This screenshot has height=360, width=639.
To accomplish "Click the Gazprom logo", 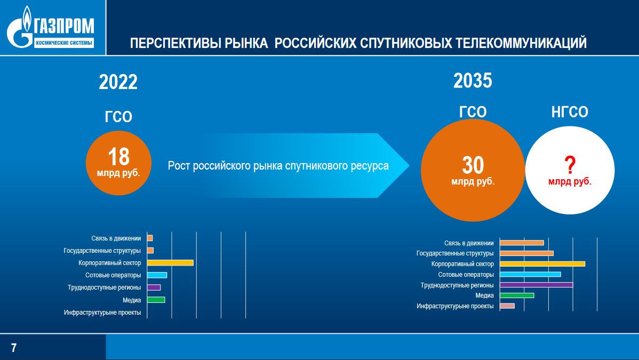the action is click(51, 27).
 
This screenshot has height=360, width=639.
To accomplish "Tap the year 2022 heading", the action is click(118, 82).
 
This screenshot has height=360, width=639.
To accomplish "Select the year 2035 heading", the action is click(473, 81).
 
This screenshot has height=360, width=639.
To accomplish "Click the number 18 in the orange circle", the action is click(118, 157).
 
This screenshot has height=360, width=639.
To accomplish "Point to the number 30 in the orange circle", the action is click(473, 165).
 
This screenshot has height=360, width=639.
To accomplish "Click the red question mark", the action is click(570, 165).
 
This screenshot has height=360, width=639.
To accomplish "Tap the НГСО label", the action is click(570, 111).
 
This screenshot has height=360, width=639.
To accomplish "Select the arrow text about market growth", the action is click(278, 166).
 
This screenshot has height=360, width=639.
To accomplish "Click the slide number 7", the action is click(14, 348).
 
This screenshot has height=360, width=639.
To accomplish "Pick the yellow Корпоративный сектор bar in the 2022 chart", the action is click(170, 263).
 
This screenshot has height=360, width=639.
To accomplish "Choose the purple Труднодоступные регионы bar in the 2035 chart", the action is click(536, 285).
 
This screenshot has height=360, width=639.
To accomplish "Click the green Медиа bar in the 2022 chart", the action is click(156, 300).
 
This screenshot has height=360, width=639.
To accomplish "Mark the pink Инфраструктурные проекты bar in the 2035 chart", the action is click(507, 306).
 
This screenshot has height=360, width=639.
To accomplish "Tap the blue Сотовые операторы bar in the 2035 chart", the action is click(531, 274).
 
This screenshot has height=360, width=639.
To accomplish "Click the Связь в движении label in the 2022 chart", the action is click(116, 238).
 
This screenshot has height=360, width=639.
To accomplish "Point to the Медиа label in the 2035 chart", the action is click(484, 295).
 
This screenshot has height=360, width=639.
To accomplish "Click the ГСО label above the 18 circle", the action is click(118, 117).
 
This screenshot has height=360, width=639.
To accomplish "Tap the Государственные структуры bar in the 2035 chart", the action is click(527, 253).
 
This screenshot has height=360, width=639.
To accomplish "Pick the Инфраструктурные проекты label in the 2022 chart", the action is click(102, 313).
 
